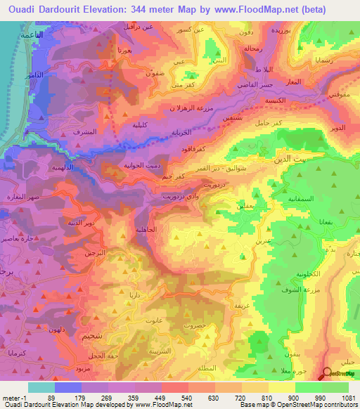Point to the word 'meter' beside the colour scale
(x=11, y=397)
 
